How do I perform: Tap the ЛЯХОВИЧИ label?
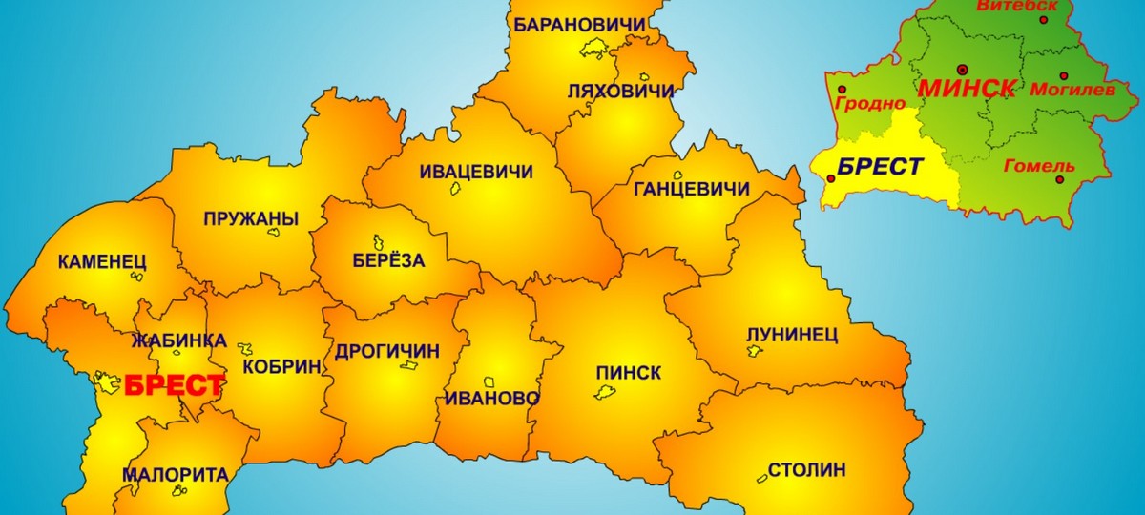[x=621, y=92]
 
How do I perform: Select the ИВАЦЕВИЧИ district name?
[x=476, y=172]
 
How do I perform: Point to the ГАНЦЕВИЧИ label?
[x=691, y=189]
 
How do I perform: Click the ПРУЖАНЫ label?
[x=251, y=219]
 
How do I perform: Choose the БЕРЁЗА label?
[x=386, y=260]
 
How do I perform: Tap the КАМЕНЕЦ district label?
[x=102, y=260]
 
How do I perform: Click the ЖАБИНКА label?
[x=179, y=340]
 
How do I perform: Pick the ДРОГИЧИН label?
[x=387, y=351]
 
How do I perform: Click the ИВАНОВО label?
[x=490, y=399]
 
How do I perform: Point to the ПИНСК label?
[x=628, y=372]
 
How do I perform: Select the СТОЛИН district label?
[x=806, y=469]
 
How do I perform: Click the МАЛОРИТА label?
[x=175, y=474]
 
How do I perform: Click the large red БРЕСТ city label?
[x=175, y=386]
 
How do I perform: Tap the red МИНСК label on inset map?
[x=967, y=89]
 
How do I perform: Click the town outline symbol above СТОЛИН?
[x=761, y=476]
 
